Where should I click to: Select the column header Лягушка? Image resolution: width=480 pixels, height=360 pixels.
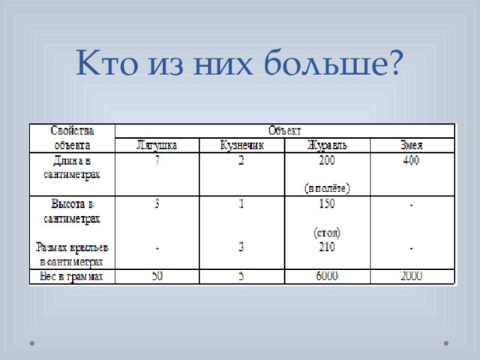(156, 145)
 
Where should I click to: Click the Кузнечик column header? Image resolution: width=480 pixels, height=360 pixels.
(241, 145)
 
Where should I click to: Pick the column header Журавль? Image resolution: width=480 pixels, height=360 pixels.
(327, 145)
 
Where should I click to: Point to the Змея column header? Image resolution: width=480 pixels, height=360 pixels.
(412, 145)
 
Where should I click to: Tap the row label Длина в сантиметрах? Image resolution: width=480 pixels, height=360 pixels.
(71, 167)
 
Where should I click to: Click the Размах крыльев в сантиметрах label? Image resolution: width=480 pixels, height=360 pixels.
(71, 253)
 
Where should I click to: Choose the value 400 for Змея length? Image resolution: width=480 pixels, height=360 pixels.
(412, 160)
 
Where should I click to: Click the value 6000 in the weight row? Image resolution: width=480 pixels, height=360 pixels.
(327, 277)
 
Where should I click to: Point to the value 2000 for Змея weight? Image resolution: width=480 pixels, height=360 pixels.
(412, 277)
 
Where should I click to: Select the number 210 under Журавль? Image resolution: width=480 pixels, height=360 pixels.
(327, 247)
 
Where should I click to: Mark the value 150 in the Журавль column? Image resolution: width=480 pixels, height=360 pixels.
(327, 203)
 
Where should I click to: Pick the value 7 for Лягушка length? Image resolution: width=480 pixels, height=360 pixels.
(156, 160)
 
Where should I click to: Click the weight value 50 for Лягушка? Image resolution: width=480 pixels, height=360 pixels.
(156, 277)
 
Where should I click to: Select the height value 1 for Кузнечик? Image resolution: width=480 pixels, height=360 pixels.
(241, 203)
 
